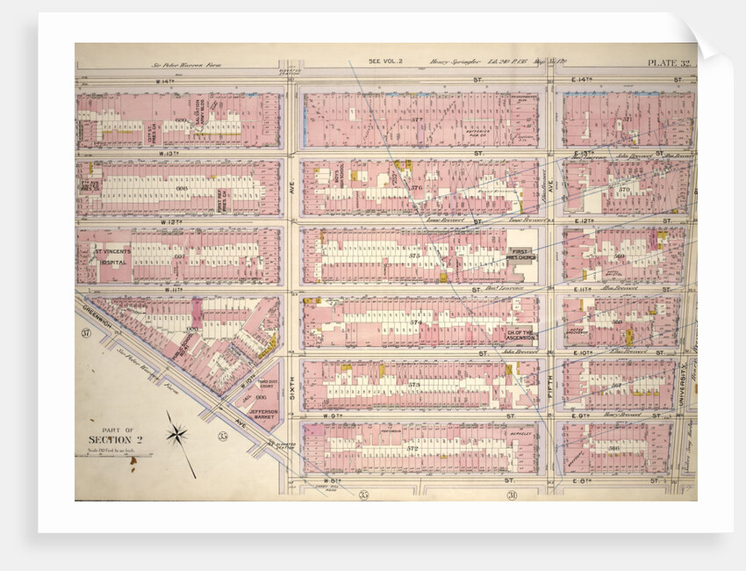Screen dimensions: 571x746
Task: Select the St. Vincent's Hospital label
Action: point(113,257)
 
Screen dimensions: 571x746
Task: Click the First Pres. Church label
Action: point(522,256)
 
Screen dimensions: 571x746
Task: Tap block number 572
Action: point(412,448)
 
